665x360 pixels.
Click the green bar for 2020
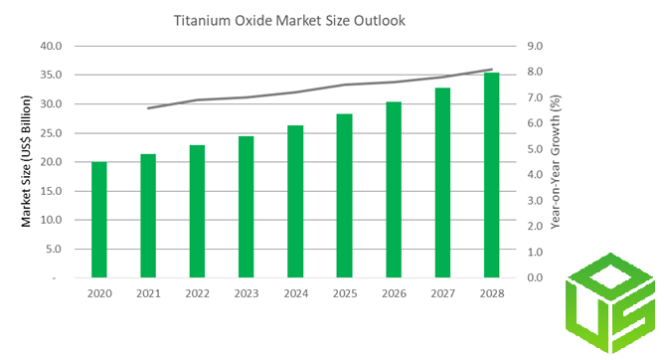pyautogui.click(x=99, y=220)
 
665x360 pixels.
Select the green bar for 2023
pyautogui.click(x=246, y=207)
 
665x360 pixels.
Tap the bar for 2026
pyautogui.click(x=394, y=190)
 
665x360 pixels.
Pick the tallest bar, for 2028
pyautogui.click(x=491, y=175)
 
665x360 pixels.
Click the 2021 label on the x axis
pyautogui.click(x=148, y=293)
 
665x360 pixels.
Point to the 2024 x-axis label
pyautogui.click(x=295, y=293)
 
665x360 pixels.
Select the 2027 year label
pyautogui.click(x=442, y=293)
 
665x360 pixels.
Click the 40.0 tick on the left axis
pyautogui.click(x=52, y=46)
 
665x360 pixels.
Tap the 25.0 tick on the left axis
pyautogui.click(x=52, y=133)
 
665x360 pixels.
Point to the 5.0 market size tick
pyautogui.click(x=54, y=250)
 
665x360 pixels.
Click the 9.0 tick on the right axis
pyautogui.click(x=535, y=46)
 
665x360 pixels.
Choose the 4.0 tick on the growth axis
pyautogui.click(x=535, y=174)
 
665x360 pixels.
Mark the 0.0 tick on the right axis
pyautogui.click(x=535, y=277)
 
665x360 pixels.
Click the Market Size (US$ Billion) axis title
pyautogui.click(x=26, y=161)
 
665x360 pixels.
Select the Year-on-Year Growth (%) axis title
pyautogui.click(x=556, y=162)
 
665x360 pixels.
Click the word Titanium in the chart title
pyautogui.click(x=202, y=20)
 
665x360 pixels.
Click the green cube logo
pyautogui.click(x=610, y=303)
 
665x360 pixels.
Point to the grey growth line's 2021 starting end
pyautogui.click(x=148, y=108)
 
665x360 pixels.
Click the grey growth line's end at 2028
pyautogui.click(x=492, y=70)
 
